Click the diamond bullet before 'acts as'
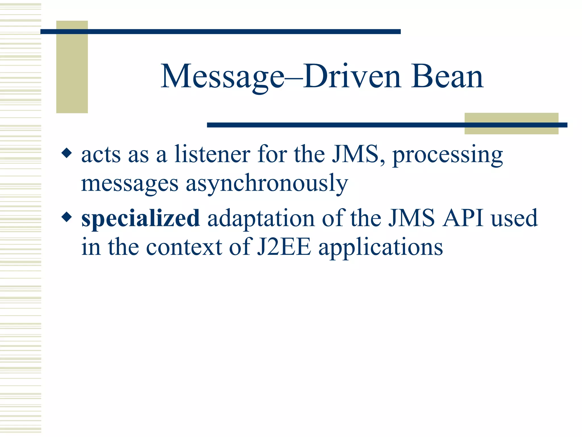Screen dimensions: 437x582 (67, 153)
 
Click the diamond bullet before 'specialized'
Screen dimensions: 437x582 (67, 217)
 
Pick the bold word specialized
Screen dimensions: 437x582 (140, 218)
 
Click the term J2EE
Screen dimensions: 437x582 (284, 247)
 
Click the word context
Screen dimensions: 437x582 (184, 247)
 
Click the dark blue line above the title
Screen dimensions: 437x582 (220, 32)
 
